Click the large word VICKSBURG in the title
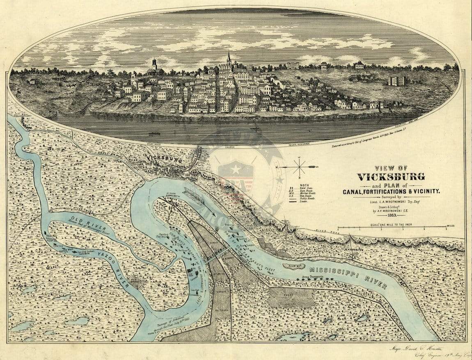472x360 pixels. pos(391,177)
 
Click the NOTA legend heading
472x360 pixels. pos(305,185)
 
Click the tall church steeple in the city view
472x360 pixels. pos(229,59)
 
